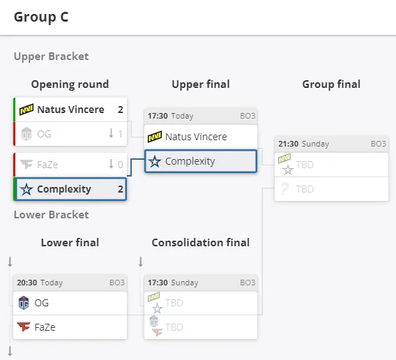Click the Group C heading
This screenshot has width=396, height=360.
click(41, 17)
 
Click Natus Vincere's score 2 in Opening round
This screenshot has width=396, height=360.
click(121, 110)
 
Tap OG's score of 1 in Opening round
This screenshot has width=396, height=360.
click(120, 134)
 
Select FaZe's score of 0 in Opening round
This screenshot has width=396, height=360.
click(120, 165)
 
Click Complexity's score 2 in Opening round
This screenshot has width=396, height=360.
click(121, 189)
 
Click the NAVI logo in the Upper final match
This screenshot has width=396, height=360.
click(155, 137)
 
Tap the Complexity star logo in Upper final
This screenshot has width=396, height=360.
click(155, 161)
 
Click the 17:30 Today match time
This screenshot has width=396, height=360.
click(171, 116)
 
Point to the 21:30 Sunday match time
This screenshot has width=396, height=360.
click(303, 144)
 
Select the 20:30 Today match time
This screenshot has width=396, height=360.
click(40, 283)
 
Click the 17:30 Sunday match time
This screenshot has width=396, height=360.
click(173, 283)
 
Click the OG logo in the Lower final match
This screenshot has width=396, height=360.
click(24, 303)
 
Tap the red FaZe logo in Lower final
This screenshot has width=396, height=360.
click(24, 327)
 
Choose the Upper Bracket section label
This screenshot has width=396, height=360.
click(52, 57)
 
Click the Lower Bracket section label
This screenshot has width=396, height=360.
click(52, 215)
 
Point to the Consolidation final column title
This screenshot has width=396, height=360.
click(201, 243)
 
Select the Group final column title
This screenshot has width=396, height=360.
click(331, 84)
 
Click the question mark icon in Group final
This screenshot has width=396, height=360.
click(284, 188)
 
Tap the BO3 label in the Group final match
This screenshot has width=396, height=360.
click(379, 144)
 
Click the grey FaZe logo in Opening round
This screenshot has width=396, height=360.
click(26, 165)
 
